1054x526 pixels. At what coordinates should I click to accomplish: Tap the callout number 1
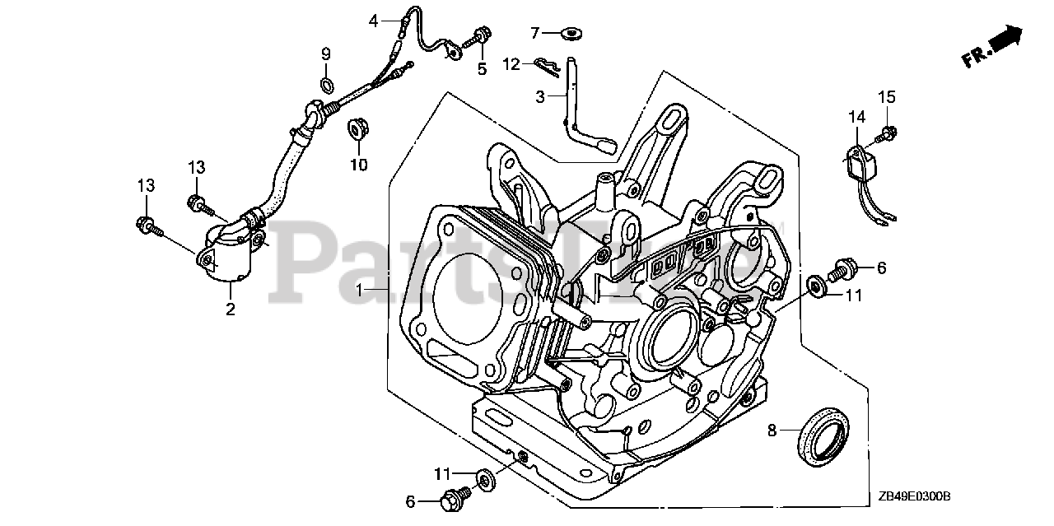tap(359, 290)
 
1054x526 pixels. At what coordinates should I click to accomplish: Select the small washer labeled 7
tap(570, 34)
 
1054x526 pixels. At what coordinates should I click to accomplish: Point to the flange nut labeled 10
tap(358, 128)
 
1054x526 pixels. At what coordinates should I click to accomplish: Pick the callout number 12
tap(511, 63)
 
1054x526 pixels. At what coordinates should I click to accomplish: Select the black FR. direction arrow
tap(1006, 38)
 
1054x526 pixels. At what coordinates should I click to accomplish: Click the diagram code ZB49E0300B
tap(914, 496)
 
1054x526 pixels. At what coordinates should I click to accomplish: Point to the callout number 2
tap(231, 310)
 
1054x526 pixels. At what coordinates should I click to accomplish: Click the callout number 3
tap(540, 96)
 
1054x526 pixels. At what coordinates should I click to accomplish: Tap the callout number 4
tap(373, 21)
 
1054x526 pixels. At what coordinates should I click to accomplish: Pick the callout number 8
tap(772, 429)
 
